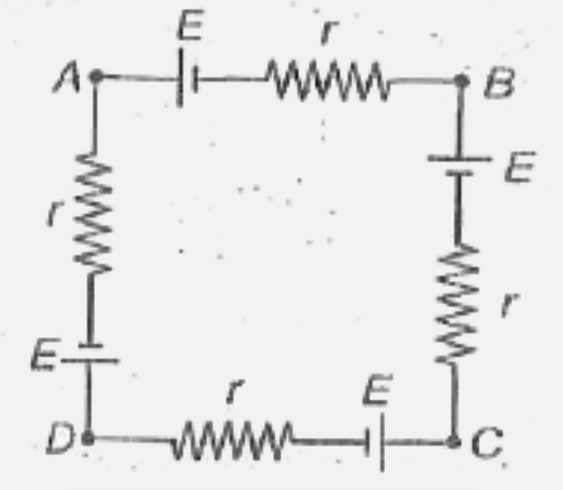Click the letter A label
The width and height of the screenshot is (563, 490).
tap(70, 81)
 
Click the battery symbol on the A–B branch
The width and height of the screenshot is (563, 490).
tap(186, 81)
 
